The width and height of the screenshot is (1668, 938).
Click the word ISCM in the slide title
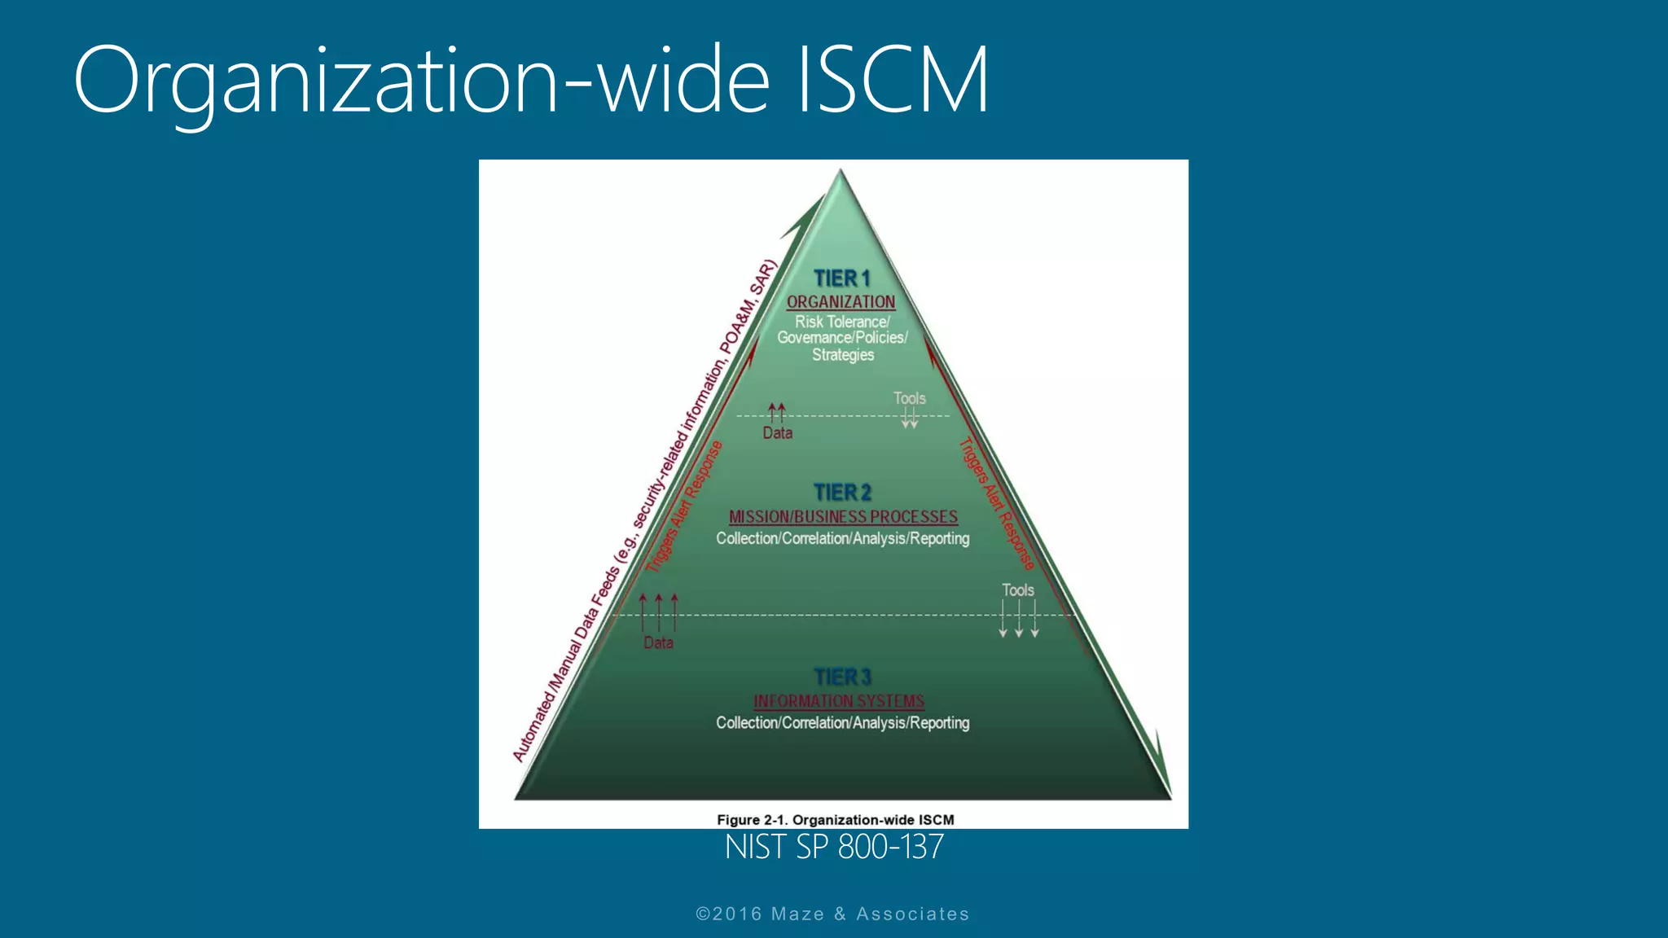point(893,80)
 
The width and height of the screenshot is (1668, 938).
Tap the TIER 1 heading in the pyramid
point(842,278)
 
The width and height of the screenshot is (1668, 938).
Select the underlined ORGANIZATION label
point(841,302)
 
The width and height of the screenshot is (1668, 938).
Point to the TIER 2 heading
point(842,493)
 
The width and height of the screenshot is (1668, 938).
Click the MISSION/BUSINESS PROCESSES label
point(843,517)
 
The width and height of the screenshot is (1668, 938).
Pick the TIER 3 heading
point(842,677)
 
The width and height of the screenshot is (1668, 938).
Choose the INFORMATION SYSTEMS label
point(839,701)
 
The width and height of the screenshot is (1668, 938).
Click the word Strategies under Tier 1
point(843,355)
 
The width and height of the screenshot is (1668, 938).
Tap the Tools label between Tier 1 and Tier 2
point(909,398)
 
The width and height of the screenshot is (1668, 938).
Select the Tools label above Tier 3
point(1017,590)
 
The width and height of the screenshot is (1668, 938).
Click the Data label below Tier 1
point(777,433)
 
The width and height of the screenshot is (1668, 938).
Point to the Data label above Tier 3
point(658,643)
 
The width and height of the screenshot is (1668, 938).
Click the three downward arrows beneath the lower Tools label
point(1018,619)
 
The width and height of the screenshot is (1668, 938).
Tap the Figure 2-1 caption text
point(835,820)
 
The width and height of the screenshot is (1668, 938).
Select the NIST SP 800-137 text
point(834,848)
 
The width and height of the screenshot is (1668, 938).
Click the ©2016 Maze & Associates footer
point(832,914)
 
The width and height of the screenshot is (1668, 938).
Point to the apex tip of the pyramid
point(841,172)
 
